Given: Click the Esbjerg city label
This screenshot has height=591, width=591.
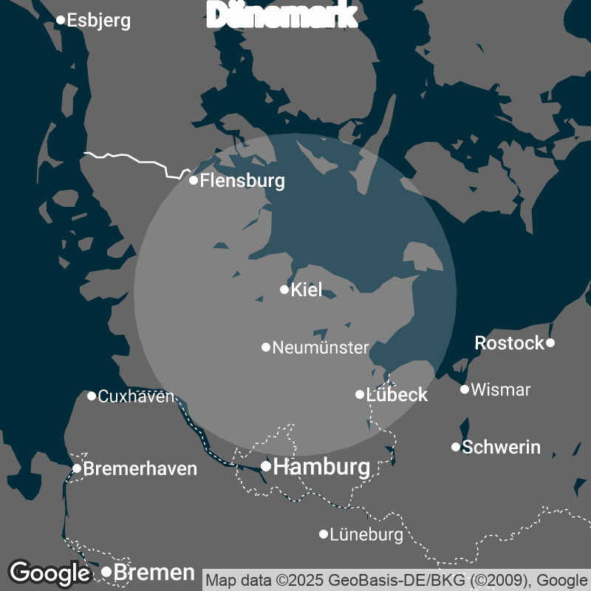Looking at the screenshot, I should [98, 20].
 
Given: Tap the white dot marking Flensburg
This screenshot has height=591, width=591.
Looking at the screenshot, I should [194, 180].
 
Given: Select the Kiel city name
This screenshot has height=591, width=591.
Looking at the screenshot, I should [307, 290].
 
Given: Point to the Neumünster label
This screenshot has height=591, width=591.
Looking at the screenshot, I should [320, 347].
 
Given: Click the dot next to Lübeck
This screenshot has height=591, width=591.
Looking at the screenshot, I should [360, 394].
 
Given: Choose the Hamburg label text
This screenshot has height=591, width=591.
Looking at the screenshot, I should [321, 467].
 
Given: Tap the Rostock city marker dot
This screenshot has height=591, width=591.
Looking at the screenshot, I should [550, 343].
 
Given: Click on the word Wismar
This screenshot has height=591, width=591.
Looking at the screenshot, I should [500, 389].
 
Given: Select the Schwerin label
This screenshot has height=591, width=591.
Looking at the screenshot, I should [501, 447].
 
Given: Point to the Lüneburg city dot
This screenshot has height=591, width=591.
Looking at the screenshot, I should [324, 534].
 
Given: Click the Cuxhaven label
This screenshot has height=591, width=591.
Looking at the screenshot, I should [136, 396].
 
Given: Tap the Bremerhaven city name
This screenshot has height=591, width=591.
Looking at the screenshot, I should [140, 468].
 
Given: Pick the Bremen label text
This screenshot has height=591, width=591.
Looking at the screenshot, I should [154, 573].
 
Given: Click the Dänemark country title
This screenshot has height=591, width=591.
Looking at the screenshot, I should [283, 15].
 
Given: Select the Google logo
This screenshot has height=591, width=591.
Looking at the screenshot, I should [49, 573].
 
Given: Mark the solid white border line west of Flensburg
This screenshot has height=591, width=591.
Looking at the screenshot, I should [133, 157].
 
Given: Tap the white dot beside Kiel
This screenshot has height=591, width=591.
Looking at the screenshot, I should [284, 290].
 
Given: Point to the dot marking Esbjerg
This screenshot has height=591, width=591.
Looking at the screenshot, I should [61, 20].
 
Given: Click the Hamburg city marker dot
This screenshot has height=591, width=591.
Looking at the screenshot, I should [266, 466].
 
